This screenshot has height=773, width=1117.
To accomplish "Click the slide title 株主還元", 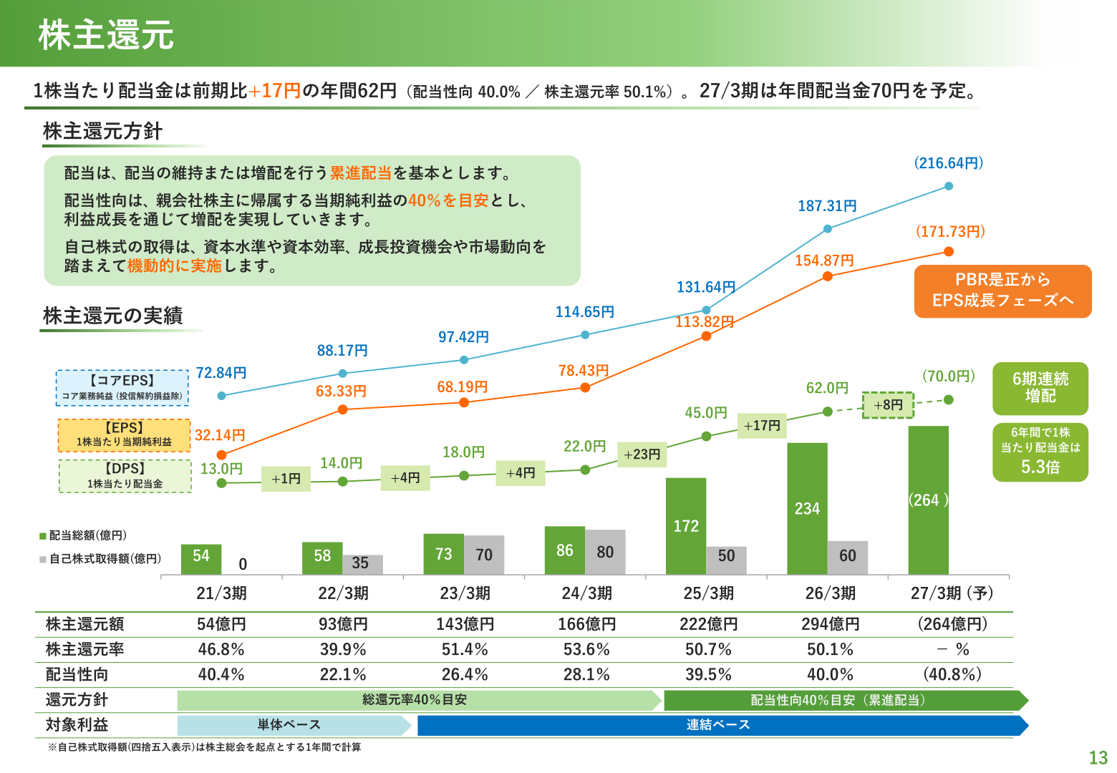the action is click(x=106, y=35).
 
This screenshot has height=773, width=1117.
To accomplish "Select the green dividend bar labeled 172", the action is click(x=686, y=526).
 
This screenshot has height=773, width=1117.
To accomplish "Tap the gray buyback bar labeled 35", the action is click(x=362, y=565).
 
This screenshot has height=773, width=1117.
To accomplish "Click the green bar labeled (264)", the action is click(x=928, y=500).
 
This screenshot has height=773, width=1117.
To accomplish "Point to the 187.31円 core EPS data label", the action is click(x=827, y=206).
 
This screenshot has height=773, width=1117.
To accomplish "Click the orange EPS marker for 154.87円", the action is click(x=827, y=276).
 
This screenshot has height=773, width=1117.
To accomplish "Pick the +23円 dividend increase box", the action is click(x=642, y=454).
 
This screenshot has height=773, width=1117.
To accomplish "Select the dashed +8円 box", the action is click(x=888, y=404).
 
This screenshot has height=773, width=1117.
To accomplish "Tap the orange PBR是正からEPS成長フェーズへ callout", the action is click(x=1002, y=291).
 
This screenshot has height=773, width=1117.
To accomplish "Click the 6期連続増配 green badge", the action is click(x=1040, y=388).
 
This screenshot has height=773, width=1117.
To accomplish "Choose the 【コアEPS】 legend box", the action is click(x=122, y=388).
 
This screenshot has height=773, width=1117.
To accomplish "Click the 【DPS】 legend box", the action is click(x=125, y=476).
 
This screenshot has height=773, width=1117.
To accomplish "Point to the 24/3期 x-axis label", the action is click(x=586, y=593).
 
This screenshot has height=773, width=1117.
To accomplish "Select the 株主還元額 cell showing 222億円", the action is click(x=708, y=624).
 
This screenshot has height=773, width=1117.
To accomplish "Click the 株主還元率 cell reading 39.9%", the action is click(x=342, y=649).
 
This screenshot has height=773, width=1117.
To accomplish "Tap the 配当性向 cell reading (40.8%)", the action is click(x=952, y=674).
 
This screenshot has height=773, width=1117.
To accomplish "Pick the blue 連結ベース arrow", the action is click(x=722, y=725).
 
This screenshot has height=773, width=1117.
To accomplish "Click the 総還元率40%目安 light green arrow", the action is click(x=420, y=700).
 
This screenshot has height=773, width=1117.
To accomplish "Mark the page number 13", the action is click(x=1098, y=757).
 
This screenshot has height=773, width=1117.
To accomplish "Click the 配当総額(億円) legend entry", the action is click(x=83, y=535).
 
